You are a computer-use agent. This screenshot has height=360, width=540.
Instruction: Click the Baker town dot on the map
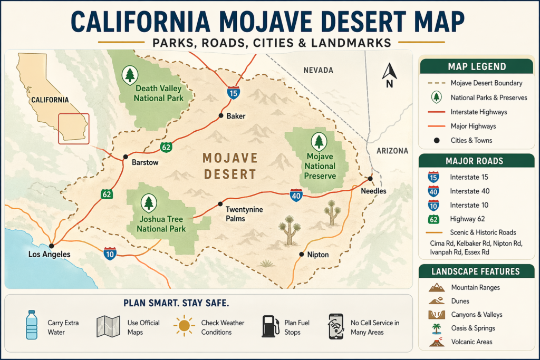[x=221, y=115]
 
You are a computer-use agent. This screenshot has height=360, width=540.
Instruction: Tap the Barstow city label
[x=145, y=162]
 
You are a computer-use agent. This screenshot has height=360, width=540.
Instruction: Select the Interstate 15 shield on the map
[x=234, y=93]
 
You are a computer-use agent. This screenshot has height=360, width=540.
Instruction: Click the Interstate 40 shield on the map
[x=296, y=196]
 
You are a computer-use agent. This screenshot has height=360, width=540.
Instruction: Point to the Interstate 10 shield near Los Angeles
[x=110, y=254]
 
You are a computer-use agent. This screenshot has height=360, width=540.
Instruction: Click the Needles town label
[x=373, y=191]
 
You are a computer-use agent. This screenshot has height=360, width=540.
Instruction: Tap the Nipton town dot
[x=301, y=254]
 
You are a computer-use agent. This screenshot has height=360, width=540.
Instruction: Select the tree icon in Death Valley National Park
[x=130, y=75]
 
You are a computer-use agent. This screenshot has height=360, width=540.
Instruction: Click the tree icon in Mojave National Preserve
[x=319, y=141]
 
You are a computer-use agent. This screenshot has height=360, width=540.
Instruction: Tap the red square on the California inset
[x=73, y=129]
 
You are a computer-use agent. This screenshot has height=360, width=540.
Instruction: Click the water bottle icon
[x=32, y=324]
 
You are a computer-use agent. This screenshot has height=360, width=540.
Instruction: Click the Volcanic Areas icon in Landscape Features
[x=436, y=342]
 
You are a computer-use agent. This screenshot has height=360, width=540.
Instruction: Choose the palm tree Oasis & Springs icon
[x=436, y=328]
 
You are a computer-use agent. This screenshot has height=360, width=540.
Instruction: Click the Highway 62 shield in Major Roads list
[x=433, y=219]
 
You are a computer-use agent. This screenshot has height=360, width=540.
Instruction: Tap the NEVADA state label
[x=319, y=70]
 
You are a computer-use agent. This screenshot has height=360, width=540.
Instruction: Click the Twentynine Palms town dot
[x=221, y=204]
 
